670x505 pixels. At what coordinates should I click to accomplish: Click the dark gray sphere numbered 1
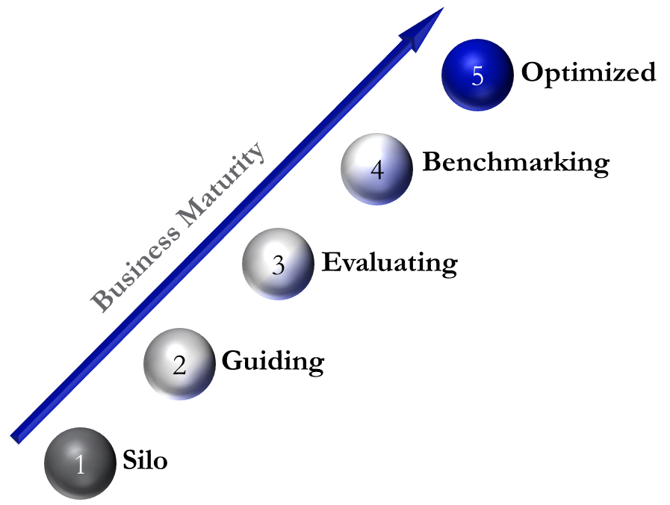coord(81,462)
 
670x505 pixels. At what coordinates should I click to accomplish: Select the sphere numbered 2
coord(179,364)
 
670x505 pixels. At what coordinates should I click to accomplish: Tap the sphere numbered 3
coord(278,264)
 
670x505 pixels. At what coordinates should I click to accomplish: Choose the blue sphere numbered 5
coord(477,75)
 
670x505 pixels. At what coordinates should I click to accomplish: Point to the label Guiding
coord(273,362)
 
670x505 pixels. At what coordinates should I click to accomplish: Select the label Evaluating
coord(389,263)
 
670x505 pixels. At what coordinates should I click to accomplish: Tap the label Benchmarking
coord(515,162)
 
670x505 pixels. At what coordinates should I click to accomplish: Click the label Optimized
coord(589,72)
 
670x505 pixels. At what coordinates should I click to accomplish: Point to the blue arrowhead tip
coord(442,10)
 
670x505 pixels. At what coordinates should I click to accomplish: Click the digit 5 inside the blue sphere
coord(478,76)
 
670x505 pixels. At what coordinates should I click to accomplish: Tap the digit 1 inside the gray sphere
coord(81,465)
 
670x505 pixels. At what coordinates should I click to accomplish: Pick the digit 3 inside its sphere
coord(279,265)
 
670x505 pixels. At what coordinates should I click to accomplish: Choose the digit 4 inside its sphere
coord(377,170)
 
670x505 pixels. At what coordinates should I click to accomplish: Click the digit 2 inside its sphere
coord(179,365)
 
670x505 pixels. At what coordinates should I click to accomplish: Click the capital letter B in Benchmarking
coord(432,161)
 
